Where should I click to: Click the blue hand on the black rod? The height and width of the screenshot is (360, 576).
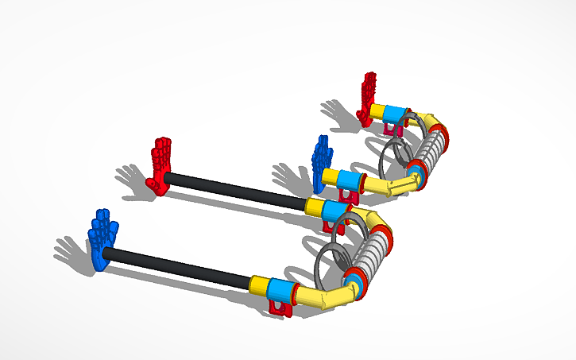pyautogui.click(x=102, y=239)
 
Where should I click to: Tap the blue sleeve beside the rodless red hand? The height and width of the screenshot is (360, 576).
pyautogui.click(x=396, y=114)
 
